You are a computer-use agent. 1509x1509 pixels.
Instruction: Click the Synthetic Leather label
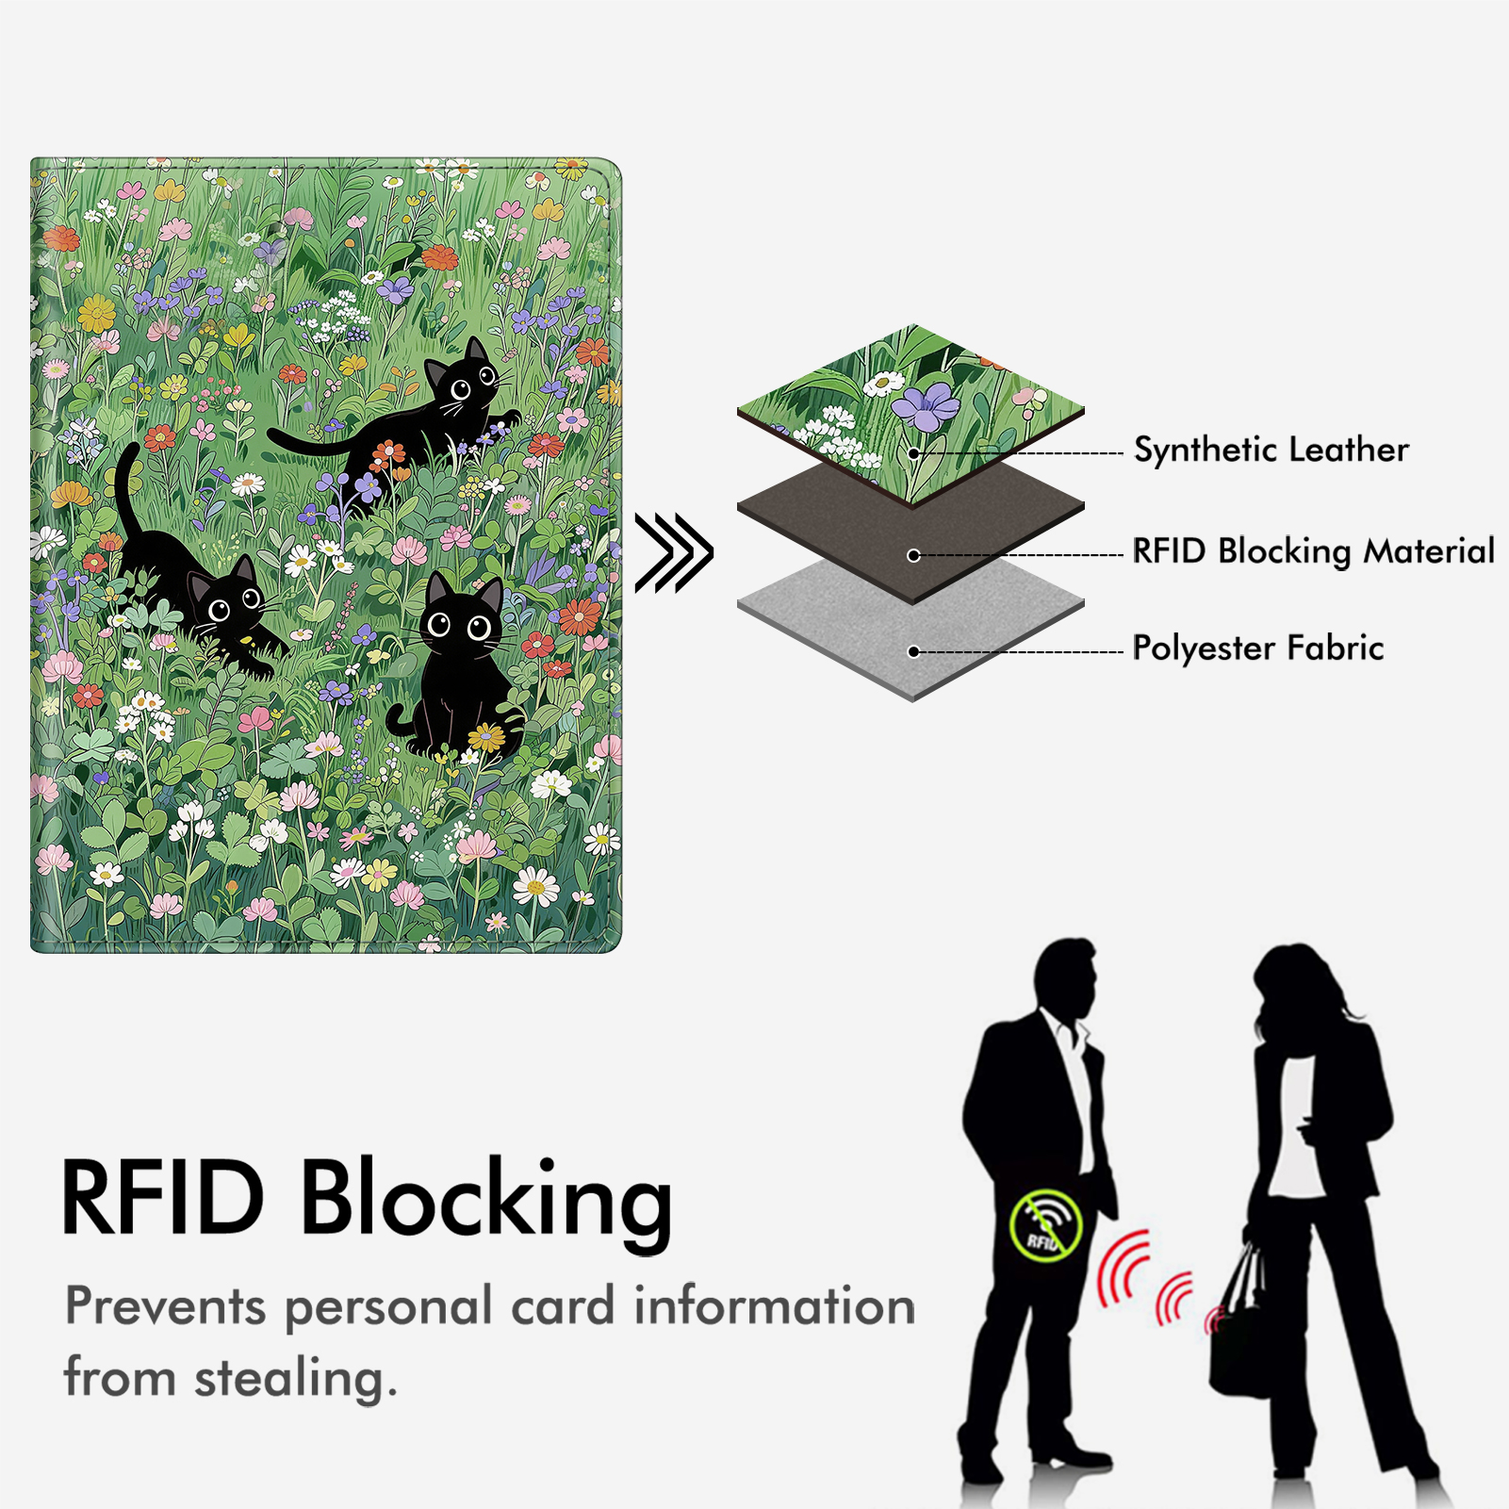click(1271, 450)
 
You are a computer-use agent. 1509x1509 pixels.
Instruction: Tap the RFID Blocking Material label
click(1313, 551)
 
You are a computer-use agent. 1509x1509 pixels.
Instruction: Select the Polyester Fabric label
click(1257, 648)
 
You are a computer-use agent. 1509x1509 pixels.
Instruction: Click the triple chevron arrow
click(673, 553)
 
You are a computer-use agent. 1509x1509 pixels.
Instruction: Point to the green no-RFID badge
click(1045, 1225)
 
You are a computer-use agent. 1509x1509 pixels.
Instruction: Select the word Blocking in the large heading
click(485, 1200)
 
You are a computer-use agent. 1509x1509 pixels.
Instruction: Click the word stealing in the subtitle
click(295, 1379)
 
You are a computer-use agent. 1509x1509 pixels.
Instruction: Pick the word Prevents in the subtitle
click(165, 1307)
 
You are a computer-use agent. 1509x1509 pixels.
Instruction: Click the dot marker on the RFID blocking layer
click(913, 555)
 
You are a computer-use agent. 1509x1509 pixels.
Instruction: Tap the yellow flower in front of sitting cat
click(486, 736)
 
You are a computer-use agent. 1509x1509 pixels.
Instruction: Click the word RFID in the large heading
click(162, 1198)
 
